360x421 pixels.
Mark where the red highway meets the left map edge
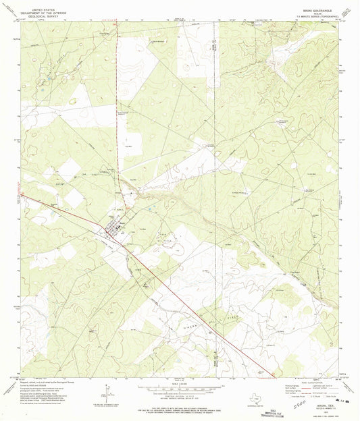22,196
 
